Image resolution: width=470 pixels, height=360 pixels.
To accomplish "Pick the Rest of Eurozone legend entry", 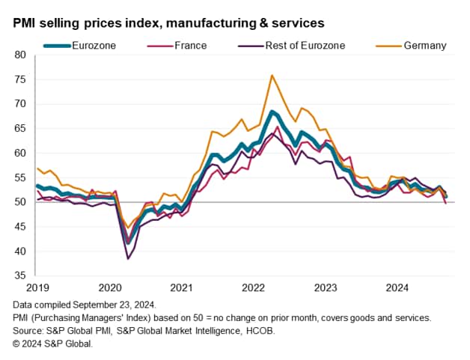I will click(305, 46).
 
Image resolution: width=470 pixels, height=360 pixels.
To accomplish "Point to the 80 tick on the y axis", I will click(19, 55).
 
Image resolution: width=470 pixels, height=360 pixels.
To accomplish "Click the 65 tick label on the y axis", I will click(19, 129).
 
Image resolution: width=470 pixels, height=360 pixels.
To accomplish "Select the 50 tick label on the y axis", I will click(19, 202).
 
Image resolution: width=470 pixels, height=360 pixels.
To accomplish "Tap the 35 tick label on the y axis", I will click(19, 275).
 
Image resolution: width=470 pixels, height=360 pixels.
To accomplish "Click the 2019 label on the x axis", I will click(37, 287).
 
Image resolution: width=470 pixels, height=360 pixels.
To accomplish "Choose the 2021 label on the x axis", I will click(180, 287).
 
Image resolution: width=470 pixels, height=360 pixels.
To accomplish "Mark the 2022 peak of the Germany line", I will click(272, 75).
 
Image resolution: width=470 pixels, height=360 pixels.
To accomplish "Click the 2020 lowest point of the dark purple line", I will click(128, 259).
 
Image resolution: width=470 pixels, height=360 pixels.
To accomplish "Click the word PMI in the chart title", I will click(24, 23).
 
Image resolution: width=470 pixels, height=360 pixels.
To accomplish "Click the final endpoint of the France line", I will click(447, 203).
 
